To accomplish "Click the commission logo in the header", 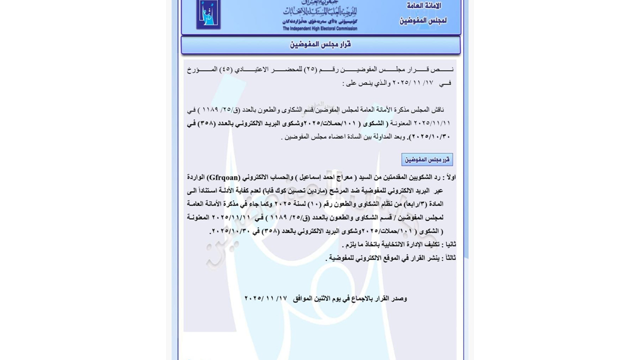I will [208, 14].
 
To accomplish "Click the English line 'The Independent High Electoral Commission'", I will [320, 28].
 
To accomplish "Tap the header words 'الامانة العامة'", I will [423, 6].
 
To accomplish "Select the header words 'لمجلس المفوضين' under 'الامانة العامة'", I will [422, 20].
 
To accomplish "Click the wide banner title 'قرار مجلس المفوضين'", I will [320, 44].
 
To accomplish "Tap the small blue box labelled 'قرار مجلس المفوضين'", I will [427, 159].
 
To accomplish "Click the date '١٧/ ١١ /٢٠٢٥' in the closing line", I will [265, 298].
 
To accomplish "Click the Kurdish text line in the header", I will [320, 21].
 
